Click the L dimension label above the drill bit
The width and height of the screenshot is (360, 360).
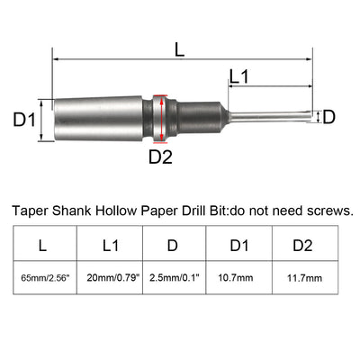tap(180, 52)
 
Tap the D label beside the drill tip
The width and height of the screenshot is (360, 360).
tap(328, 116)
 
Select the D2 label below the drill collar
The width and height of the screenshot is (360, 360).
tap(160, 157)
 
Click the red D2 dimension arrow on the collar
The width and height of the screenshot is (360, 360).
tap(160, 116)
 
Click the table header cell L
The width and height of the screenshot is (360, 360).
tap(44, 243)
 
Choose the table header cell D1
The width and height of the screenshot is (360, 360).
tap(239, 243)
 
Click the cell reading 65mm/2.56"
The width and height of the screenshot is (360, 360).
tap(44, 280)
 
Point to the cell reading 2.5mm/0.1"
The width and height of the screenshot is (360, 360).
tap(175, 280)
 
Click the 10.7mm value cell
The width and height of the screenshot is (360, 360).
tap(239, 280)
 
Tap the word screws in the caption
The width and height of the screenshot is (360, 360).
tap(328, 211)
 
